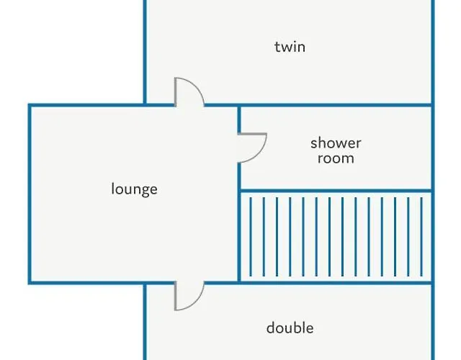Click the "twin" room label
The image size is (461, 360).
point(290,47)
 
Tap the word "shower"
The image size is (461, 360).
point(336,143)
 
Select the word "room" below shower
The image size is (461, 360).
point(336,158)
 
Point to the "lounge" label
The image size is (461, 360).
point(134,189)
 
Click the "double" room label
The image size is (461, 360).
point(290,328)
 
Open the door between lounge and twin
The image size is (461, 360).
point(189,91)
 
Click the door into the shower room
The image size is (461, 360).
point(252,147)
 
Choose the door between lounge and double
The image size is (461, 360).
point(189,295)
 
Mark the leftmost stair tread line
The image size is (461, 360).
point(251,237)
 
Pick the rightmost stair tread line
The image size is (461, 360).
point(421,237)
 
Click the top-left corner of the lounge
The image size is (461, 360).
point(30,105)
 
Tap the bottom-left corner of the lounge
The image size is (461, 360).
point(30,282)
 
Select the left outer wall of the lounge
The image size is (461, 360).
point(30,194)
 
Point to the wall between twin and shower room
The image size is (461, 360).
point(336,105)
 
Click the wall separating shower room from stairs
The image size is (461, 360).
point(336,192)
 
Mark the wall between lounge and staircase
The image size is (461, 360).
point(239,238)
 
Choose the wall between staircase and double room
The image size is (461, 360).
point(336,282)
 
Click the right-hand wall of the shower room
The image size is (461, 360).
point(433,148)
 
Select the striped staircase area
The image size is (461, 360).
point(336,237)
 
